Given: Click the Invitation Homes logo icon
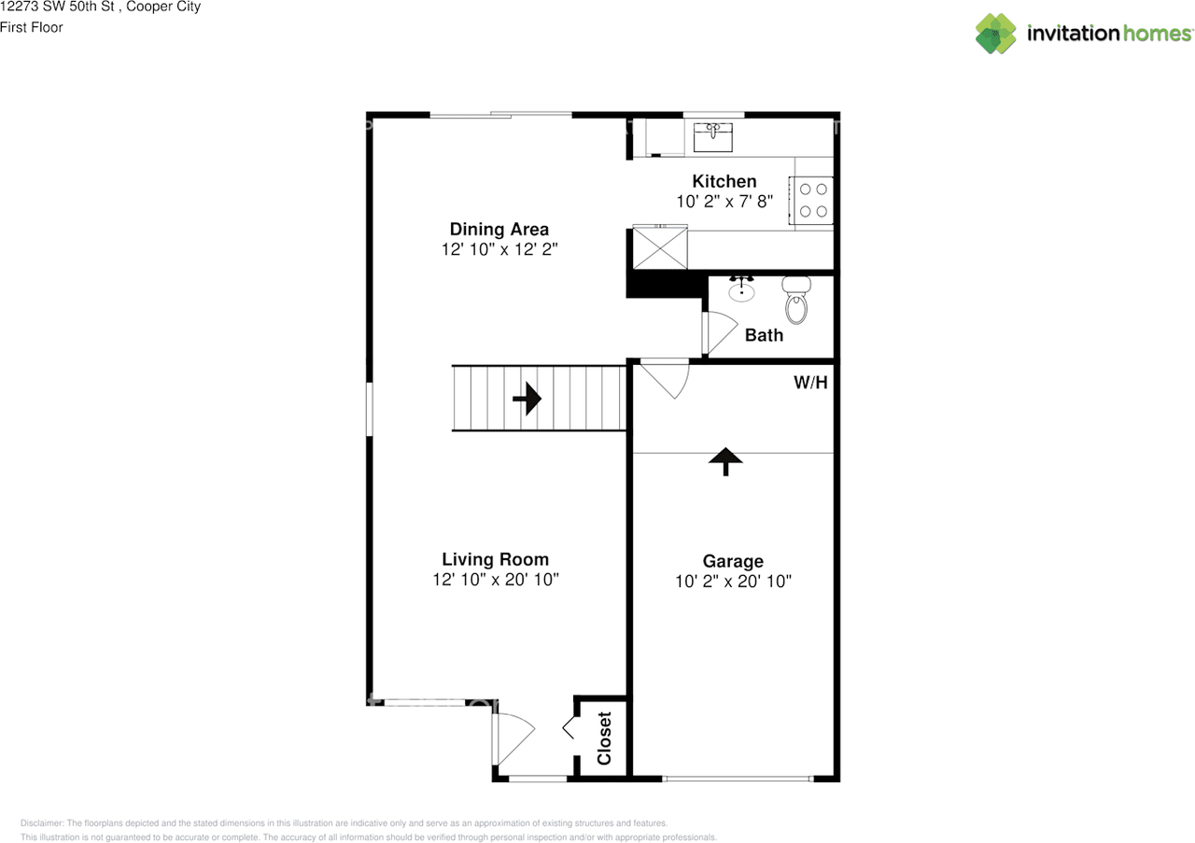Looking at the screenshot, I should tap(996, 34).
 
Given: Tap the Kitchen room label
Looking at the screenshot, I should tap(724, 181).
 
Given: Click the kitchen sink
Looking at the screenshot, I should tap(712, 135).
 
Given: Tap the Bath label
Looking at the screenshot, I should tap(764, 334).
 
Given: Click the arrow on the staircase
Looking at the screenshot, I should tap(527, 399).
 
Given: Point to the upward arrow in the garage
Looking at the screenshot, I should tap(725, 460).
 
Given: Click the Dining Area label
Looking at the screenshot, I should tap(499, 229).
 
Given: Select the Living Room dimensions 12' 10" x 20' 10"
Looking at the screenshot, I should tap(495, 580).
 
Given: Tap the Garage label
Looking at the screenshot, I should tap(733, 561).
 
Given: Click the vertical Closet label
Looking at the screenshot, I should tap(604, 738).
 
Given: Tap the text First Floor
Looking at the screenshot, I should tap(32, 27).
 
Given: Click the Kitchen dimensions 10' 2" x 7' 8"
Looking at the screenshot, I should tap(724, 201).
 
